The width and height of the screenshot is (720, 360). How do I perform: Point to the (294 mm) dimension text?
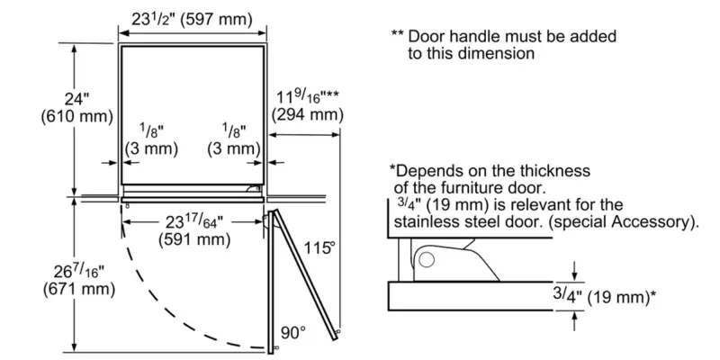308,114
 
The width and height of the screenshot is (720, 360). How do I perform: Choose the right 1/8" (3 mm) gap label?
233,139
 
